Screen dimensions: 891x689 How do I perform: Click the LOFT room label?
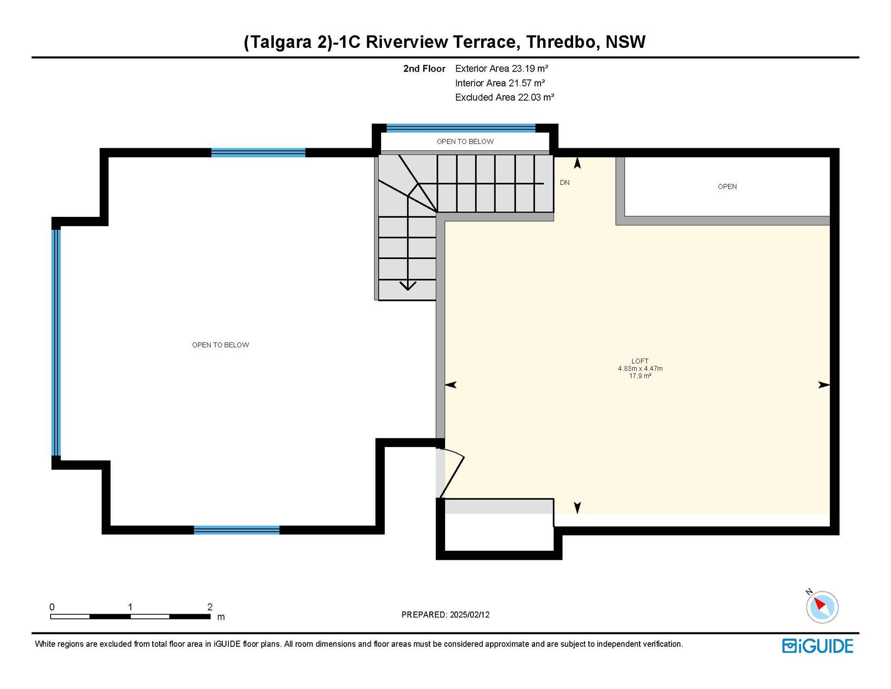pyautogui.click(x=640, y=361)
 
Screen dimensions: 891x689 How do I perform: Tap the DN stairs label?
pyautogui.click(x=565, y=182)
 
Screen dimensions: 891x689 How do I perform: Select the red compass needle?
pyautogui.click(x=819, y=604)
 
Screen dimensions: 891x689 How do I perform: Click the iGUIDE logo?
pyautogui.click(x=818, y=646)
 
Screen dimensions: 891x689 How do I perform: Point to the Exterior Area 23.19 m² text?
pyautogui.click(x=502, y=69)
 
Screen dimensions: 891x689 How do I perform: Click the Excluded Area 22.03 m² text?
pyautogui.click(x=505, y=97)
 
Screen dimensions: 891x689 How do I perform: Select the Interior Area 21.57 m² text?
pyautogui.click(x=500, y=83)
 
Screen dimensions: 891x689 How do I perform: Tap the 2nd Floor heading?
pyautogui.click(x=424, y=69)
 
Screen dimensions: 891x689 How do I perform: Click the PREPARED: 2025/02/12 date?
pyautogui.click(x=445, y=615)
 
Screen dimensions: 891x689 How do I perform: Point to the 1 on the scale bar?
pyautogui.click(x=130, y=607)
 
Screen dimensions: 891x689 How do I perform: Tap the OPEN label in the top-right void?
pyautogui.click(x=727, y=187)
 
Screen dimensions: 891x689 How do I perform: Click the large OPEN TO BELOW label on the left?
pyautogui.click(x=220, y=345)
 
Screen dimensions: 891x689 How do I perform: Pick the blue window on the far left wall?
pyautogui.click(x=56, y=343)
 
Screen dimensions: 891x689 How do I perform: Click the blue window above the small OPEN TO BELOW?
pyautogui.click(x=461, y=128)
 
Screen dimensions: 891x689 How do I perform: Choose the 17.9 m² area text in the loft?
pyautogui.click(x=640, y=376)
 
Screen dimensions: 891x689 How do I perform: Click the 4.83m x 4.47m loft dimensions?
pyautogui.click(x=640, y=369)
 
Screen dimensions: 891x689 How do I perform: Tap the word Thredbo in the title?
pyautogui.click(x=561, y=42)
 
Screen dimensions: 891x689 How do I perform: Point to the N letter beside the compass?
pyautogui.click(x=809, y=592)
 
